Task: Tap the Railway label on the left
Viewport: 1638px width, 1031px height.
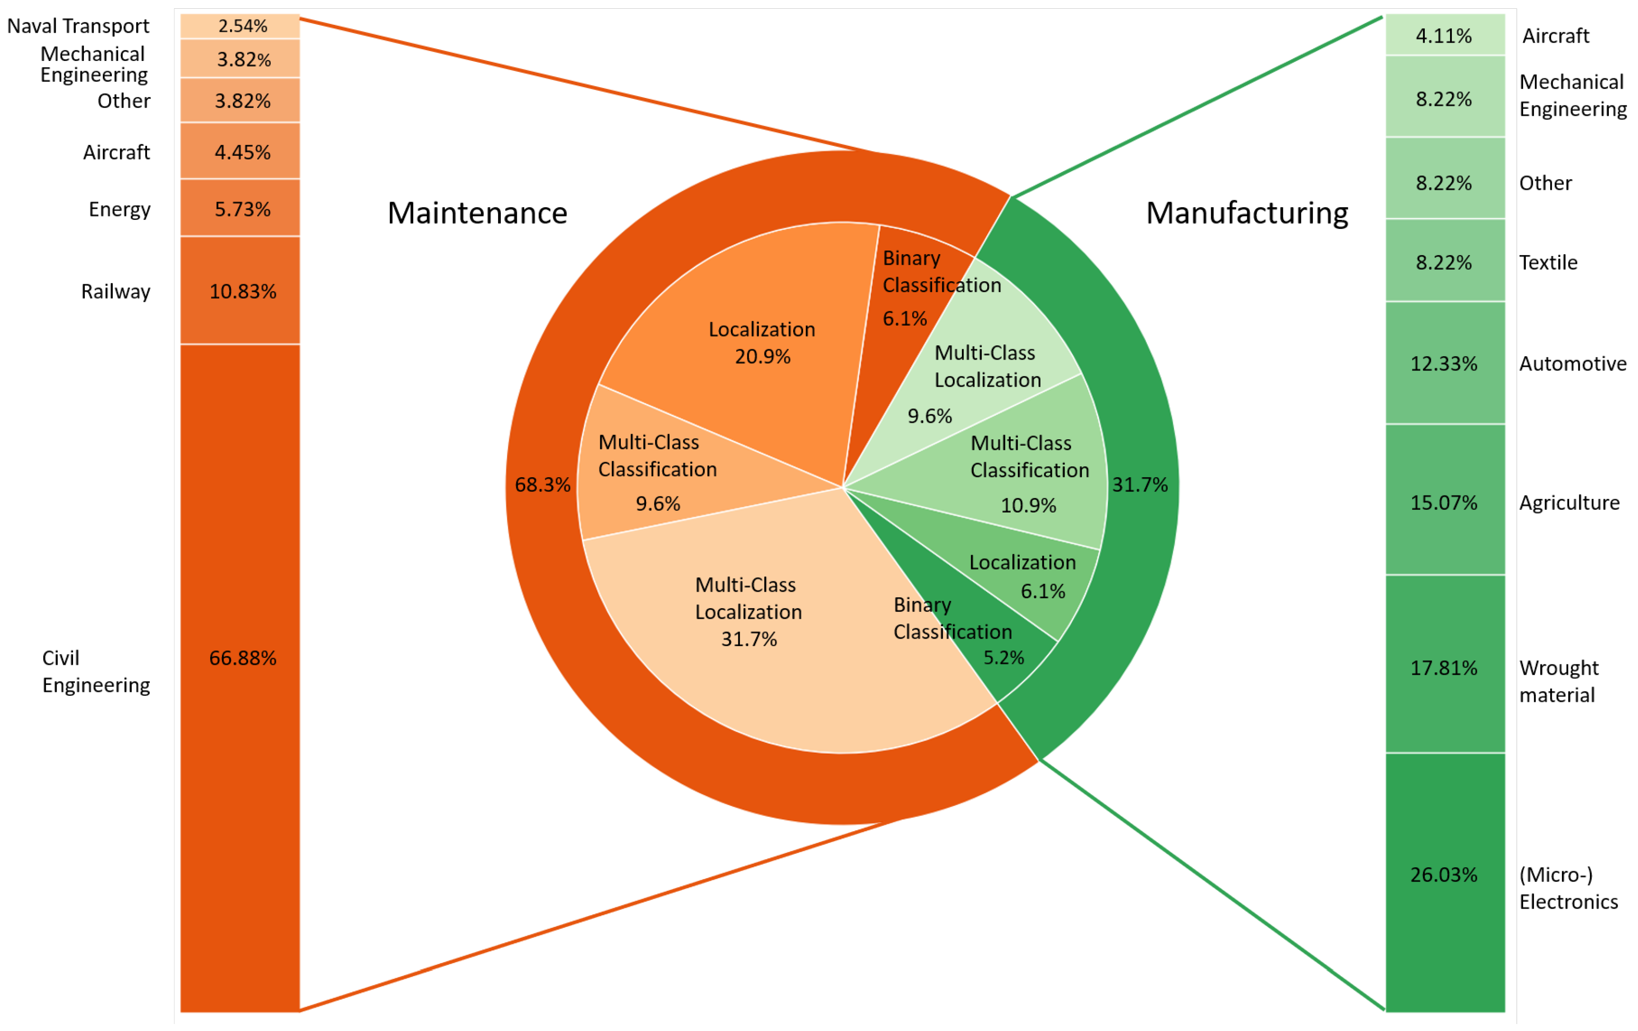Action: click(116, 291)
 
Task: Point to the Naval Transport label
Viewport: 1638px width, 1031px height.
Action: click(78, 26)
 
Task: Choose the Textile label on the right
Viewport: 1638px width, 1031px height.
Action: click(1548, 262)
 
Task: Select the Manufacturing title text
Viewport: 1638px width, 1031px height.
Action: click(1247, 213)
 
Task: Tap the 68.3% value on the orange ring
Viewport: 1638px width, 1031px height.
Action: click(542, 485)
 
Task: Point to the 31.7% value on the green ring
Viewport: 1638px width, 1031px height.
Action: click(1139, 485)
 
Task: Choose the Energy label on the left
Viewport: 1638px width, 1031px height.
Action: click(119, 209)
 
